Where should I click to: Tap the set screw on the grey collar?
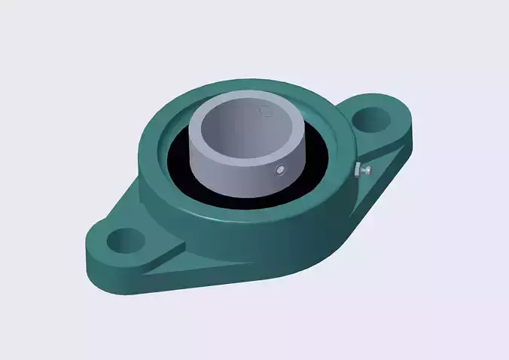tap(280, 169)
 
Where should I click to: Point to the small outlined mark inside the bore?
tap(265, 111)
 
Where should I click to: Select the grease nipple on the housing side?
tap(367, 171)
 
